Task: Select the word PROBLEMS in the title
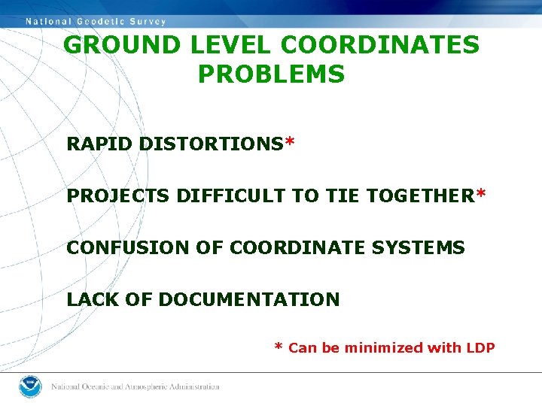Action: [x=271, y=74]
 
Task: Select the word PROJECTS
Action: [x=118, y=196]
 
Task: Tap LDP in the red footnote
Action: [x=480, y=347]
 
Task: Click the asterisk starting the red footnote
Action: [x=279, y=347]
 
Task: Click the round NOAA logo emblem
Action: [x=29, y=386]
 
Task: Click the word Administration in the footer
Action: [x=191, y=386]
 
